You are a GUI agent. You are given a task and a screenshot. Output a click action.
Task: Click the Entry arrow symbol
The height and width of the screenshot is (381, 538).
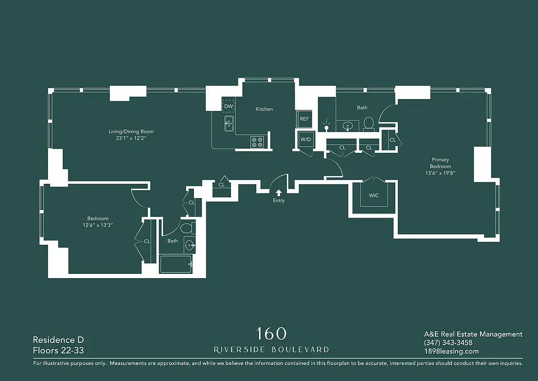click(x=279, y=192)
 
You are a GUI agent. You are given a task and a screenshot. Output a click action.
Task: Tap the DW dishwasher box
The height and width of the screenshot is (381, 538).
click(x=229, y=106)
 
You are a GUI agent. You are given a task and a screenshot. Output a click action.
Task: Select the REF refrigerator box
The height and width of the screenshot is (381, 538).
click(x=304, y=119)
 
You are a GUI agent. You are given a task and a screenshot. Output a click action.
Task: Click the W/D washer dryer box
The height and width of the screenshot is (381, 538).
click(x=305, y=140)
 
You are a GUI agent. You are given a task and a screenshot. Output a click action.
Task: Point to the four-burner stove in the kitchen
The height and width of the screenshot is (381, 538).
click(x=257, y=142)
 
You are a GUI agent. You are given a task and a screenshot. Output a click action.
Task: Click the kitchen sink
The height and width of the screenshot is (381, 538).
click(x=229, y=124)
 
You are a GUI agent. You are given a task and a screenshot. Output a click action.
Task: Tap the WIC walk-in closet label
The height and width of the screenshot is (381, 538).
click(x=374, y=196)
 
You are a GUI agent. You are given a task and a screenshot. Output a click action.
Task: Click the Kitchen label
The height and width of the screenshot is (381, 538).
click(x=264, y=109)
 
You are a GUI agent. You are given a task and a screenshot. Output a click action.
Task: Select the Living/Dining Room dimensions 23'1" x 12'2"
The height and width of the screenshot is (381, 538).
click(x=131, y=139)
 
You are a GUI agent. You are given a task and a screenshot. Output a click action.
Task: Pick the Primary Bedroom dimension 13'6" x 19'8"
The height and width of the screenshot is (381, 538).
click(x=440, y=173)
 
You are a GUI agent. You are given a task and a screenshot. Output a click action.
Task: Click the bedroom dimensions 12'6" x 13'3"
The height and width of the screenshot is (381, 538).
click(x=97, y=225)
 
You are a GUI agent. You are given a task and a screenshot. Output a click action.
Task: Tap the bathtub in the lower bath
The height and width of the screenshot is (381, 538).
click(x=175, y=264)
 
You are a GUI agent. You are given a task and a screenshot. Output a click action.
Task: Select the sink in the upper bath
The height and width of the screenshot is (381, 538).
click(x=347, y=126)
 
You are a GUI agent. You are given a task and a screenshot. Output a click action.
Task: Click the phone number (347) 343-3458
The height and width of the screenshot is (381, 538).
click(x=448, y=343)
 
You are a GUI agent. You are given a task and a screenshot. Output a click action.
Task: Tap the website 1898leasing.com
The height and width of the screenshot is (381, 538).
click(x=451, y=351)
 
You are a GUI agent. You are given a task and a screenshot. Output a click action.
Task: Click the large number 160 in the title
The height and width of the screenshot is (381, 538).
click(x=271, y=333)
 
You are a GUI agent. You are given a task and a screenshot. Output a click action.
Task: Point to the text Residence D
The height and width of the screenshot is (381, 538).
click(x=54, y=340)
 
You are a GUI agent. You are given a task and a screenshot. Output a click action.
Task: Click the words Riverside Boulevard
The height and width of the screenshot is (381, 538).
click(x=271, y=350)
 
